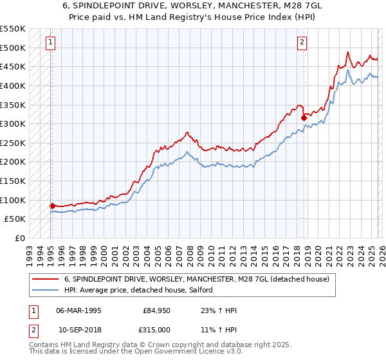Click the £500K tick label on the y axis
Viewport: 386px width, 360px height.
[x=14, y=48]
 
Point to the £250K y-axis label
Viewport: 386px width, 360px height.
[x=14, y=143]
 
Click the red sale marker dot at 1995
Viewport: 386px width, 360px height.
[x=52, y=206]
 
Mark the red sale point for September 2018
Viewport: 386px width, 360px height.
[x=303, y=118]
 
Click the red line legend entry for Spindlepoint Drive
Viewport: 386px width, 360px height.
[x=197, y=279]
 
